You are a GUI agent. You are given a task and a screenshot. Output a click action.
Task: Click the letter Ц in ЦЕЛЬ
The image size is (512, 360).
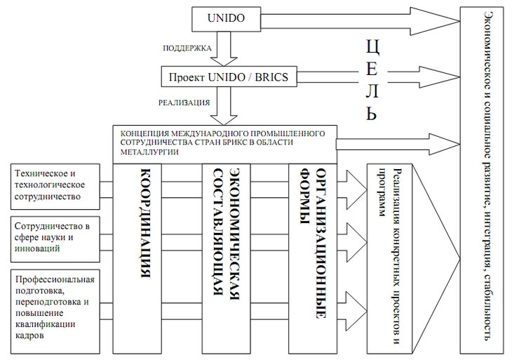[x=373, y=48]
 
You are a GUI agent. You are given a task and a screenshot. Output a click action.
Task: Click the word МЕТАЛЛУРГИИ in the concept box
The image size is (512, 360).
[x=150, y=151]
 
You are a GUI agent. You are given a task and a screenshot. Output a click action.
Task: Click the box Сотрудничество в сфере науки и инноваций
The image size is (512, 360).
[x=55, y=237]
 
